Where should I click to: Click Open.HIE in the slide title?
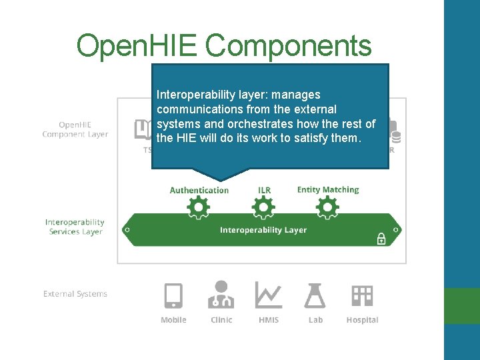tap(137, 45)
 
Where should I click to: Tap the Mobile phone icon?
tap(173, 295)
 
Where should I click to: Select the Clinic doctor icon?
tap(221, 295)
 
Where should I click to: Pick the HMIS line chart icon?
tap(268, 295)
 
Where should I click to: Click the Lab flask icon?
tap(315, 295)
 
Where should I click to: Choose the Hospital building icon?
tap(362, 295)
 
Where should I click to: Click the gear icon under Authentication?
tap(199, 209)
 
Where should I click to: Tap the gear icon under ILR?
tap(264, 209)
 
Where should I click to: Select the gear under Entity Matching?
tap(327, 209)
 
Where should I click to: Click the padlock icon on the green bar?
tap(381, 238)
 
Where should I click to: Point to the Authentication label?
tap(199, 190)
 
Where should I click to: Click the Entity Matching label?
tap(327, 190)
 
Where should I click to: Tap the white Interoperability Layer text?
tap(263, 230)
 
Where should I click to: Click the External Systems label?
tap(75, 293)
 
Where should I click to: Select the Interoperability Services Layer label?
tap(75, 227)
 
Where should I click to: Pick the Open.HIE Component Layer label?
tap(75, 129)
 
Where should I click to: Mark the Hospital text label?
tap(362, 320)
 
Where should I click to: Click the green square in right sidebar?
tap(462, 306)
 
